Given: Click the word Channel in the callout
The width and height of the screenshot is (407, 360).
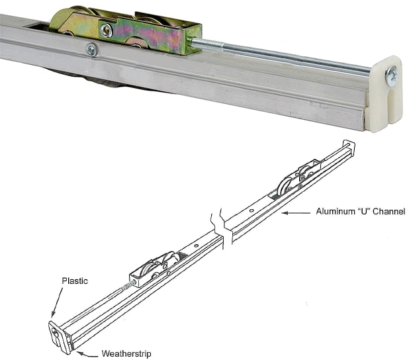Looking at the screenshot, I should click(388, 212).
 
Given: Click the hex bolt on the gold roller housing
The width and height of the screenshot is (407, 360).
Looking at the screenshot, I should click(107, 30).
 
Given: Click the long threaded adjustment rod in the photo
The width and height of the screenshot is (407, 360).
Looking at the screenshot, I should click(278, 56).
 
